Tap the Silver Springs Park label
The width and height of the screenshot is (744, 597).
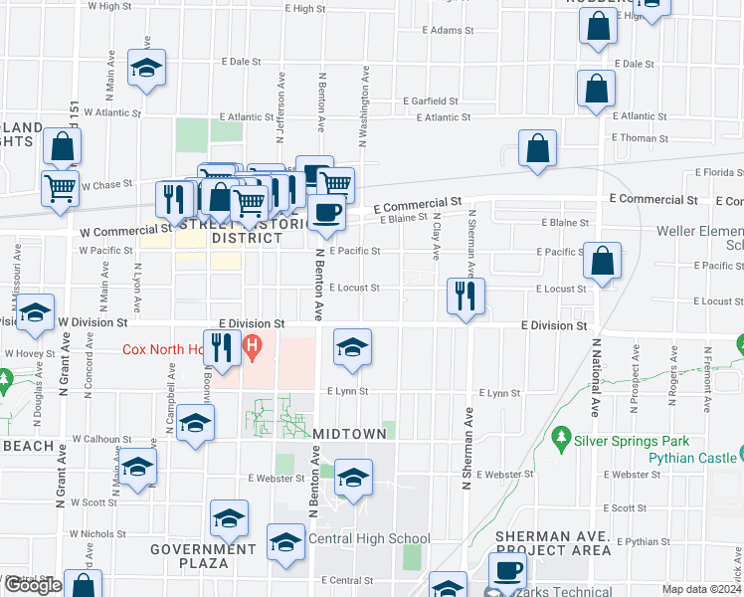tap(631, 438)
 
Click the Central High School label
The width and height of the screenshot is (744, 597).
tap(369, 539)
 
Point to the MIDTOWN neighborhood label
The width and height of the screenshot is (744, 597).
tap(349, 436)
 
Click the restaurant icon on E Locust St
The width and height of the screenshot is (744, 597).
tap(465, 295)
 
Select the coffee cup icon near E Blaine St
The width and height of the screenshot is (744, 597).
tap(327, 211)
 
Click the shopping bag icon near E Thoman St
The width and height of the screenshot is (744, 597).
tap(537, 148)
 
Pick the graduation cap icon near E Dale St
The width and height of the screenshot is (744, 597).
tap(147, 68)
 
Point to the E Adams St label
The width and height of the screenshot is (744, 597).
tap(448, 31)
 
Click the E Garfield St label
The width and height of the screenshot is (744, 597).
tap(431, 101)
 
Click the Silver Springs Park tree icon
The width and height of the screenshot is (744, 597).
tap(562, 438)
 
